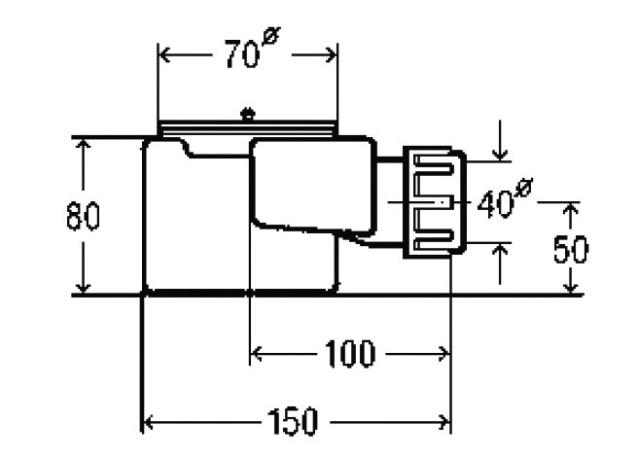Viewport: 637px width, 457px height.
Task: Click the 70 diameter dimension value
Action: click(x=242, y=54)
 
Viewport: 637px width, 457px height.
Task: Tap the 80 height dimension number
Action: click(x=83, y=216)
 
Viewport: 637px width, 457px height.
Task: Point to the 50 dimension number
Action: click(x=571, y=249)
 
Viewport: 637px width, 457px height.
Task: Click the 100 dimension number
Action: click(x=350, y=353)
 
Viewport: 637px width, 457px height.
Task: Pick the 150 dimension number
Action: click(x=292, y=421)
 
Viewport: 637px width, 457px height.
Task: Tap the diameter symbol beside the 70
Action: click(x=271, y=35)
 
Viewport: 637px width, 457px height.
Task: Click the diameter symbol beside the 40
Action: click(x=524, y=188)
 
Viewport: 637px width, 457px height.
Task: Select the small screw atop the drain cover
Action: click(x=247, y=114)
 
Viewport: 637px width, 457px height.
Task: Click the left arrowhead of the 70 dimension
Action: click(x=164, y=54)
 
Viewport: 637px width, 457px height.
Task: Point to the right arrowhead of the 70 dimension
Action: click(x=331, y=54)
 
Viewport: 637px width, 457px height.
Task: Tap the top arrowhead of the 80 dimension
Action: click(x=84, y=145)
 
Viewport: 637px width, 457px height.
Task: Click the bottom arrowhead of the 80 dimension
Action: click(x=84, y=287)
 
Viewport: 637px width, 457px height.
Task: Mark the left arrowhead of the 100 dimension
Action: click(x=256, y=354)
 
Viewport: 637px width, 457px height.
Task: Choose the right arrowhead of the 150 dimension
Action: click(x=443, y=422)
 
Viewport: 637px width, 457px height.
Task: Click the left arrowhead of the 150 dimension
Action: click(x=149, y=422)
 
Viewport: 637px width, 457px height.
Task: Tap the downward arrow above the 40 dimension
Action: click(x=500, y=141)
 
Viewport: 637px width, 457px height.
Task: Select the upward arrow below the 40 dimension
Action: click(x=500, y=264)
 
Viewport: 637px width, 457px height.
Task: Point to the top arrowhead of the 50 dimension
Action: click(x=571, y=209)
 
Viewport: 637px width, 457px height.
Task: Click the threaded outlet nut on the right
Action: click(x=435, y=202)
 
